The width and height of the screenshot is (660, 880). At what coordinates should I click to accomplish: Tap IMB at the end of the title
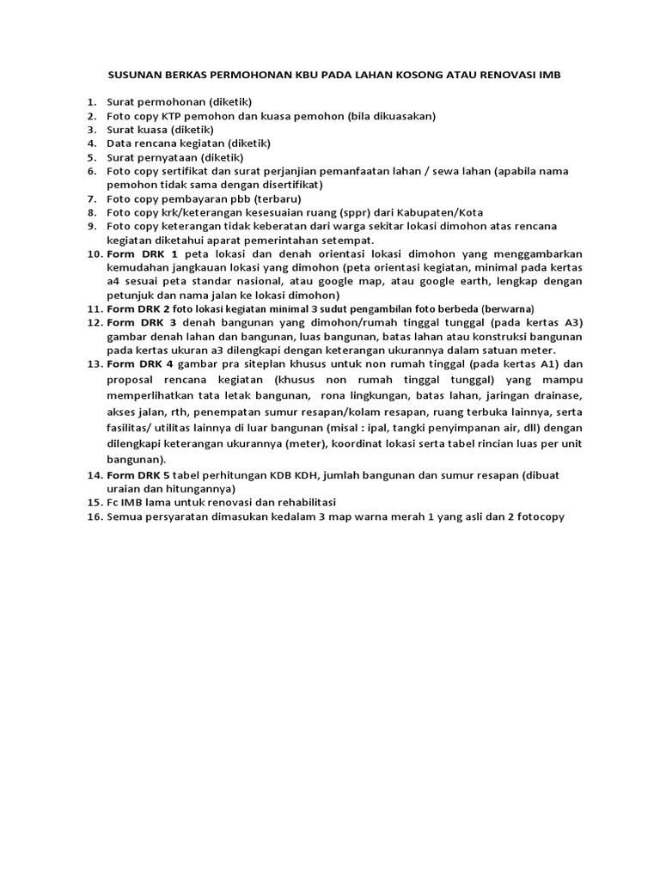549,76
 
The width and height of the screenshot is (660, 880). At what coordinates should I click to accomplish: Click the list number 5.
91,157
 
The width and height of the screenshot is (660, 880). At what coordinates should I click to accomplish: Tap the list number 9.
91,226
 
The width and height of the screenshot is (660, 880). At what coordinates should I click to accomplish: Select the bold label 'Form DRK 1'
142,254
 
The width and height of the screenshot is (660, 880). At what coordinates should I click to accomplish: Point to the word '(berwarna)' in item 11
509,309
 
